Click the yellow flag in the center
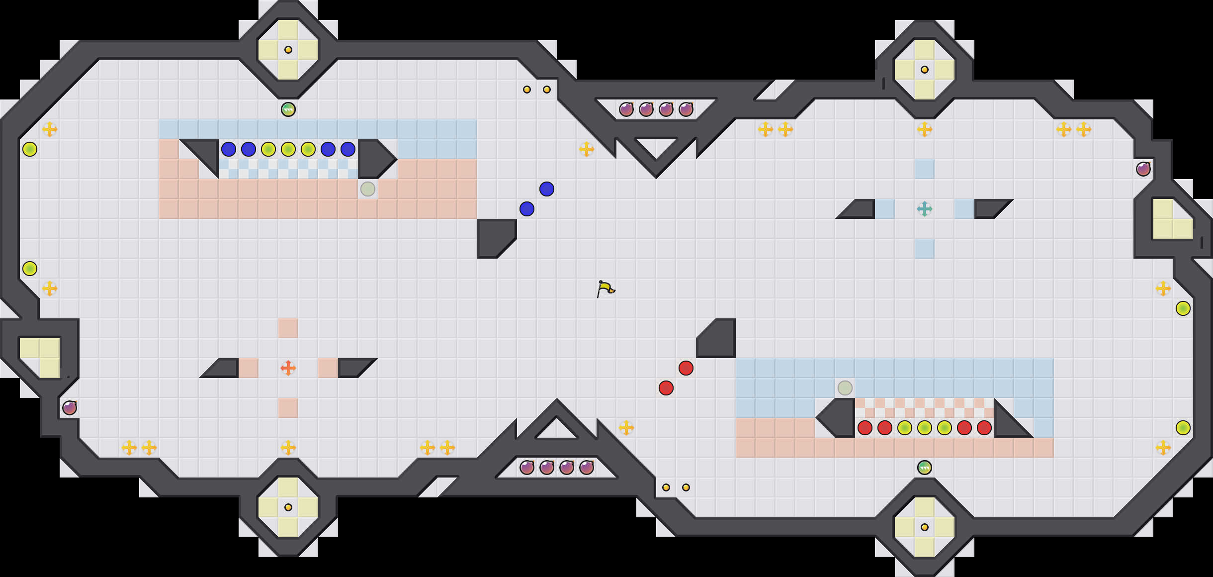[x=606, y=288]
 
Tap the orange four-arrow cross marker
[x=288, y=368]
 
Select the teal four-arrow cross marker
[x=925, y=209]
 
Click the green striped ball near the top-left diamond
[x=288, y=109]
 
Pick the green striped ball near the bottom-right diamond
[x=925, y=468]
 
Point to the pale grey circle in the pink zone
[x=368, y=189]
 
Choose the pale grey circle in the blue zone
[x=845, y=388]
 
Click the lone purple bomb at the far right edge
[x=1143, y=169]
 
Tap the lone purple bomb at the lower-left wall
[x=70, y=408]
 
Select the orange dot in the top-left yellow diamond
[x=288, y=50]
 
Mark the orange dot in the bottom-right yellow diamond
[x=925, y=527]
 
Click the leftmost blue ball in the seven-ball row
[x=229, y=149]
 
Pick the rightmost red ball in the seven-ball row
[x=984, y=428]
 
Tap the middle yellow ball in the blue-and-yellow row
[x=288, y=149]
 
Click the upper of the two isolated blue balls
[x=547, y=189]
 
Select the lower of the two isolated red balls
[x=666, y=388]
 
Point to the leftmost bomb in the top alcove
[x=626, y=109]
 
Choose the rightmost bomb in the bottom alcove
[x=587, y=468]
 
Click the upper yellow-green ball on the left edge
[x=30, y=149]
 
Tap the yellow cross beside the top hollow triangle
[x=587, y=149]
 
